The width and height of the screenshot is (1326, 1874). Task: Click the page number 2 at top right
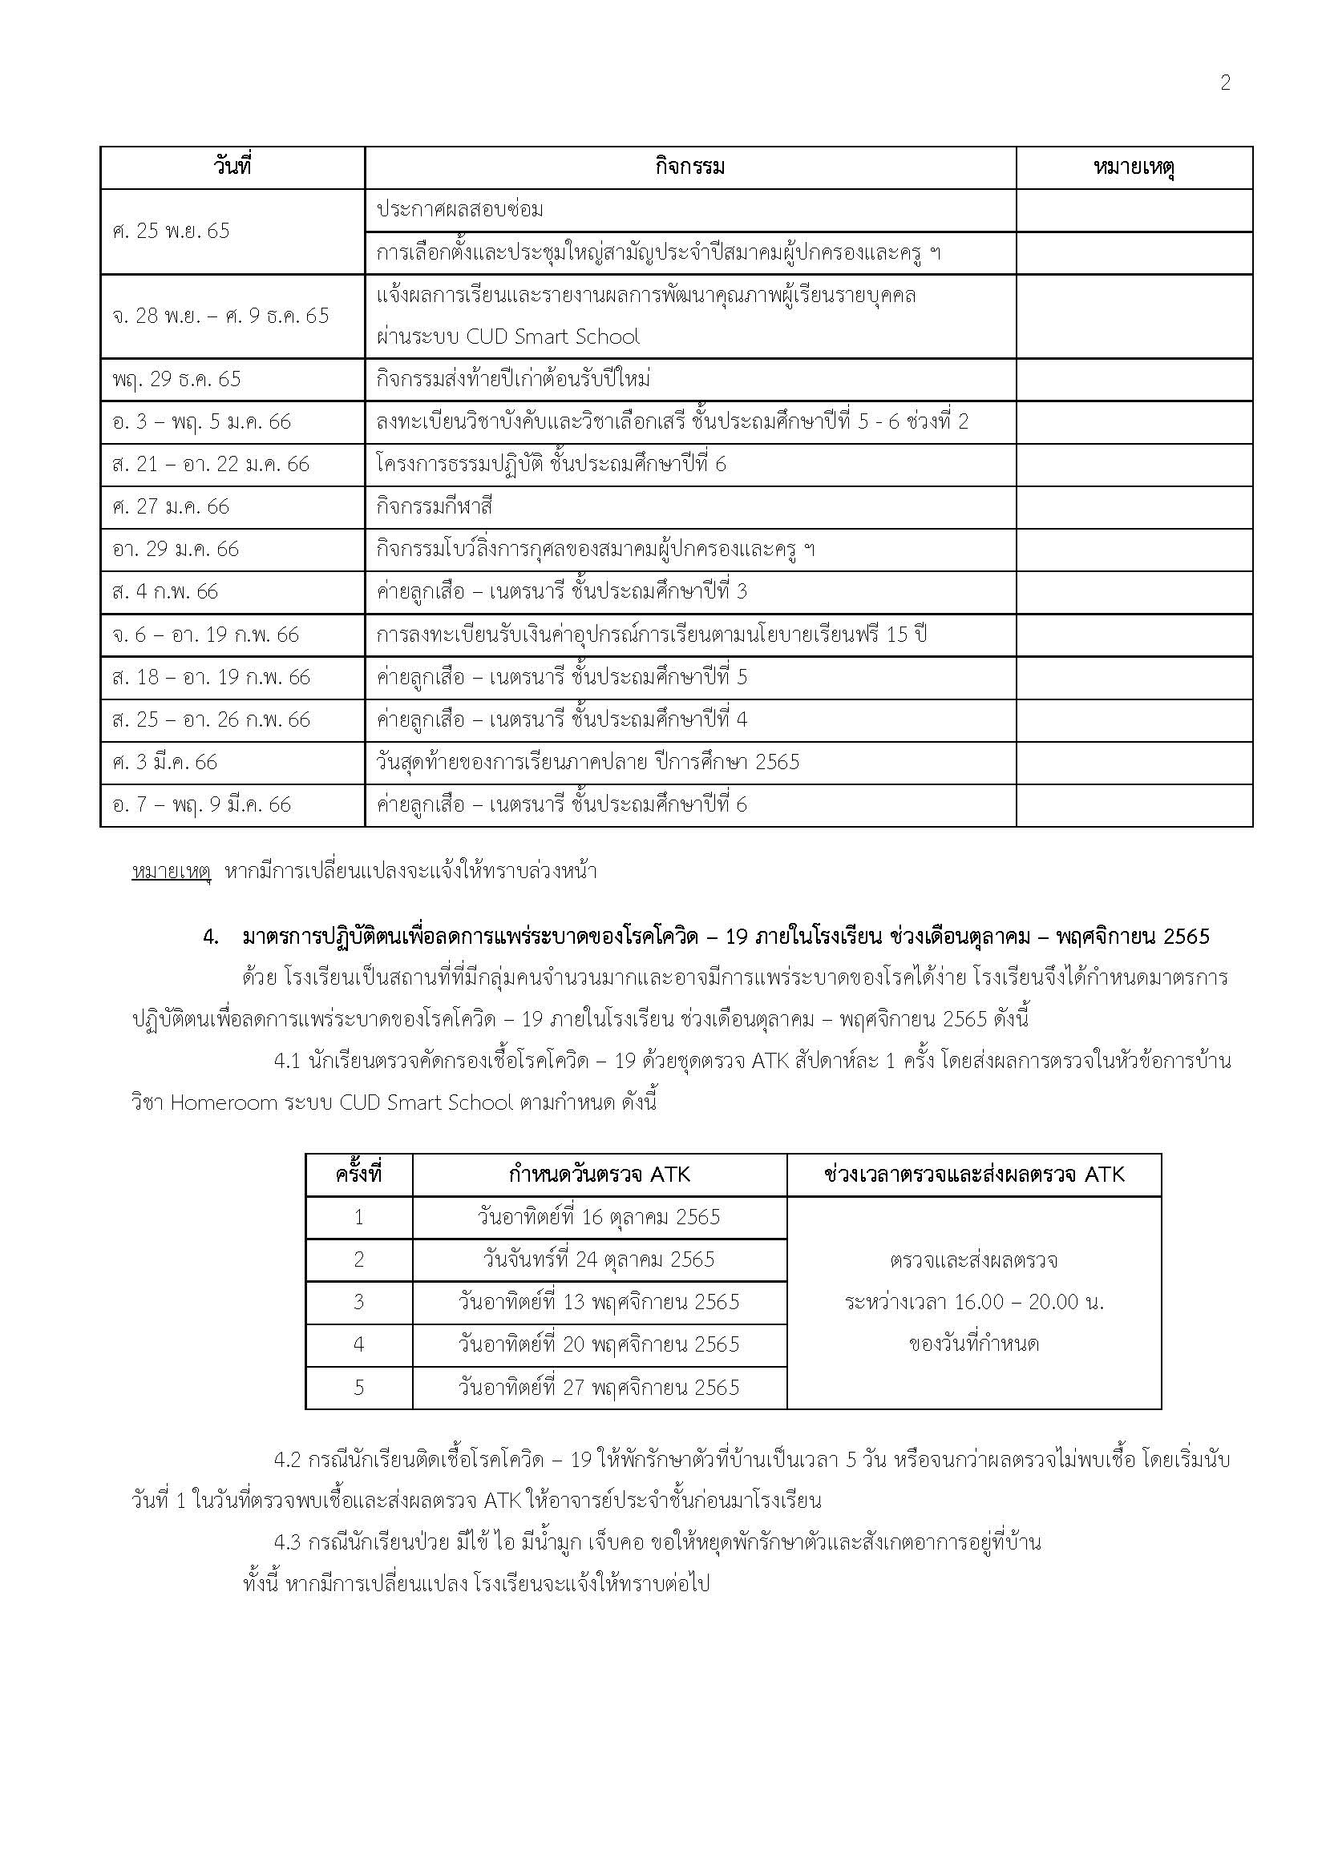(1225, 83)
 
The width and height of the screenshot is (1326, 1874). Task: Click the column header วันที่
(232, 167)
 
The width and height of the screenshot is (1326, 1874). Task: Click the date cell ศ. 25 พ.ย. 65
(172, 231)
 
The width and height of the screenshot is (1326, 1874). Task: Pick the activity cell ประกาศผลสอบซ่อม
(459, 210)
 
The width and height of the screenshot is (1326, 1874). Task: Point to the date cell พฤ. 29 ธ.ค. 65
(177, 380)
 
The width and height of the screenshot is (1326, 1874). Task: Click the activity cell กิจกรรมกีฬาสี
(435, 507)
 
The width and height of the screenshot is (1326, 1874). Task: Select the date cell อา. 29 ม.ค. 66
(176, 550)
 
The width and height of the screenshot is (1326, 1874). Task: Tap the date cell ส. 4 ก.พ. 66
(166, 592)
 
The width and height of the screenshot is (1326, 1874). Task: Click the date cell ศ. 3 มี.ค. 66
(165, 762)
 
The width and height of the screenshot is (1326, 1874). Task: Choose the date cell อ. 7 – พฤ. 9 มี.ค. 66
(202, 804)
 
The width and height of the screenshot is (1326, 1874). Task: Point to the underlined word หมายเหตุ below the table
(172, 872)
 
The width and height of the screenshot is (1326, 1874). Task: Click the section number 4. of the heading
(211, 937)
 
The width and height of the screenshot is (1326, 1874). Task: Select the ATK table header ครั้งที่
(358, 1175)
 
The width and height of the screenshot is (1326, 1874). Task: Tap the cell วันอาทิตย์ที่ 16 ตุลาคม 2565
(600, 1218)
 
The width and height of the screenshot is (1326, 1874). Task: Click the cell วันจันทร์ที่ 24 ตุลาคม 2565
(600, 1259)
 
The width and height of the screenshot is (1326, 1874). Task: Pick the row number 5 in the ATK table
(358, 1388)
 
